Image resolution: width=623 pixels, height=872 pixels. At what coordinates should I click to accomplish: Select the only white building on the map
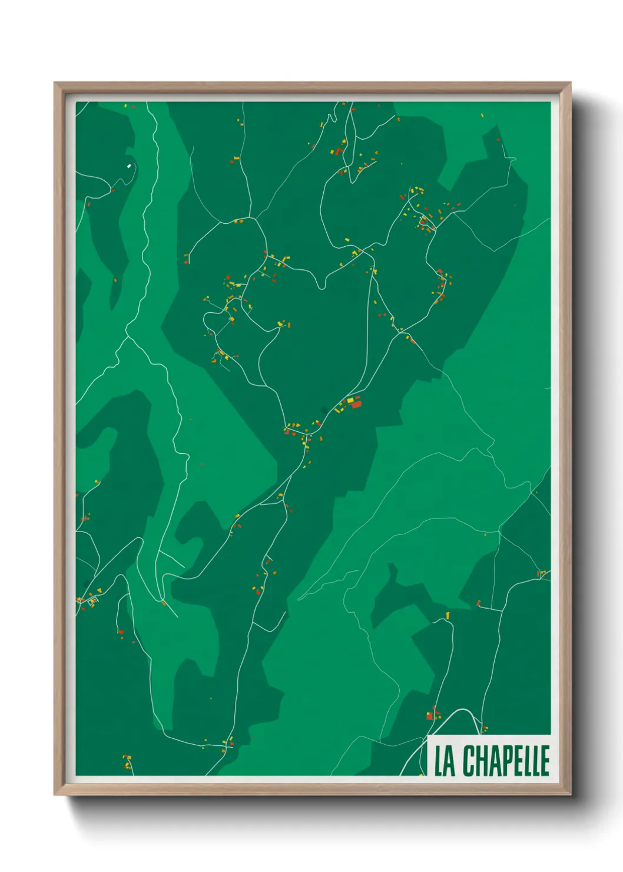pyautogui.click(x=129, y=166)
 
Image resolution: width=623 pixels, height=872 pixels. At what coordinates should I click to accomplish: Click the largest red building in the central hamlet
pyautogui.click(x=356, y=405)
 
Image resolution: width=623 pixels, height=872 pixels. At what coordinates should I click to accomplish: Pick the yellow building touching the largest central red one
pyautogui.click(x=350, y=401)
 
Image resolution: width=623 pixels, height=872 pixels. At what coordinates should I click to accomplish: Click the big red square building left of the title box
pyautogui.click(x=430, y=716)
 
